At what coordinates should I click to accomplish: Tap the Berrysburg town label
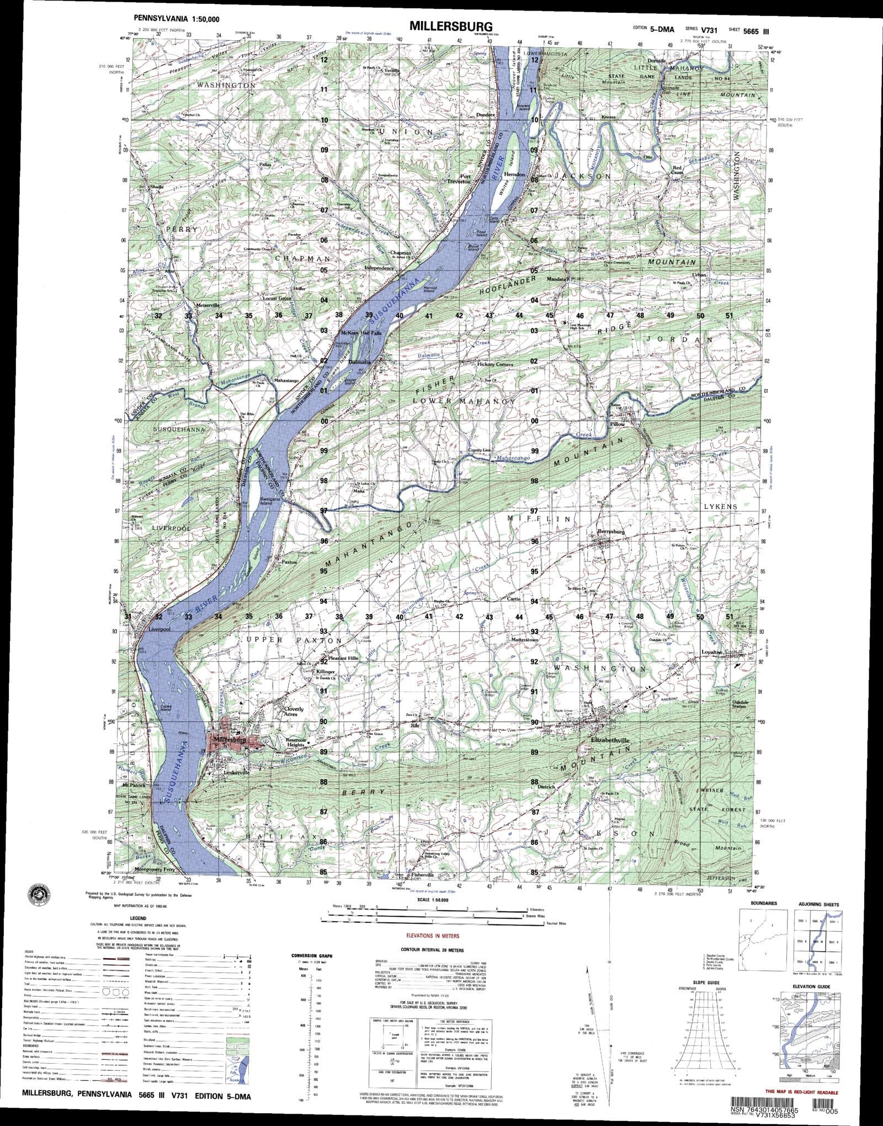611,532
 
